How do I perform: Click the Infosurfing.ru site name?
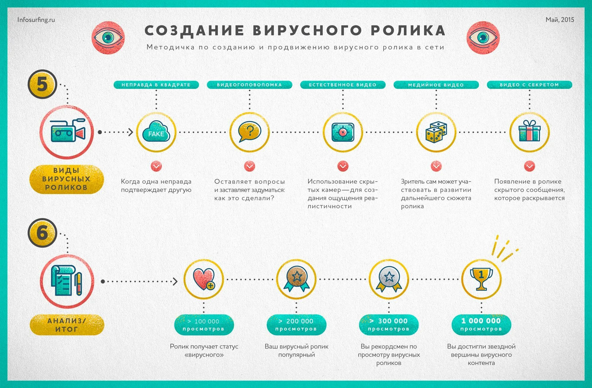pos(36,20)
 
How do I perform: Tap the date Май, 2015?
pos(560,20)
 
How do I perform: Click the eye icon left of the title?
pos(108,38)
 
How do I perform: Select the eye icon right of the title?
pos(483,38)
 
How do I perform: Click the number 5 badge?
pos(42,84)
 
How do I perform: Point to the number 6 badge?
pos(42,233)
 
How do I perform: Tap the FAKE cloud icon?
pos(156,132)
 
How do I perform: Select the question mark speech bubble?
pos(250,132)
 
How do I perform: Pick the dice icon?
pos(436,132)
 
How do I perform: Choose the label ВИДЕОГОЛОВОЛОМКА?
pos(249,85)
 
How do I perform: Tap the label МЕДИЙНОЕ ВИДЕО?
pos(436,85)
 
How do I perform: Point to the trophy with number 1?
pos(481,279)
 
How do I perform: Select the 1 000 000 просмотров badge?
pos(481,325)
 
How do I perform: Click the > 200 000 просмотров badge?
pos(296,325)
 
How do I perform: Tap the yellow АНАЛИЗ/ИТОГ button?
pos(67,325)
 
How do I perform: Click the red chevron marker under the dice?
pos(436,166)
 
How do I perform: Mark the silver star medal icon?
pos(389,279)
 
